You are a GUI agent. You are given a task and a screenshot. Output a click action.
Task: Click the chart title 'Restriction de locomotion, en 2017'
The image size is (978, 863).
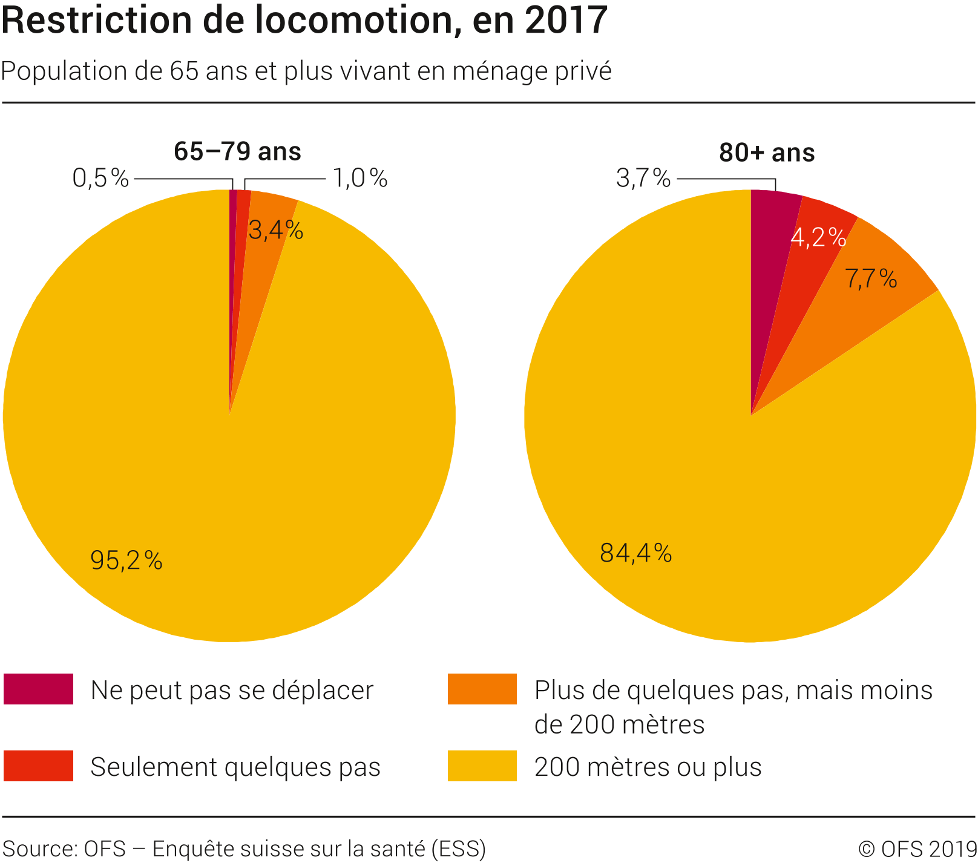click(304, 21)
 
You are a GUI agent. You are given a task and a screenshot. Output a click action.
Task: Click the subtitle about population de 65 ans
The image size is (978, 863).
click(306, 71)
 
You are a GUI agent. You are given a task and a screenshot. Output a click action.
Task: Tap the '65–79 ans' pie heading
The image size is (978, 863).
click(237, 152)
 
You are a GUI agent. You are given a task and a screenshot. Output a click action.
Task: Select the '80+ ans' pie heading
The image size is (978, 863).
click(767, 153)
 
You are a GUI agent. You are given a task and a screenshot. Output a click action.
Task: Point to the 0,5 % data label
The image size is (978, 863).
click(100, 179)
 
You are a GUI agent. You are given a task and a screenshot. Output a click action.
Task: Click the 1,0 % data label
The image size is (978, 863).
click(360, 179)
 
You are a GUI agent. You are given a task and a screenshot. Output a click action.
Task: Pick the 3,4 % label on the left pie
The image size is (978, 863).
click(276, 231)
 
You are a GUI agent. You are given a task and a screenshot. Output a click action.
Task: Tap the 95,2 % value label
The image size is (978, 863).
click(126, 560)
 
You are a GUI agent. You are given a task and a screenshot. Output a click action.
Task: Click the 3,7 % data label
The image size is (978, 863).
click(643, 179)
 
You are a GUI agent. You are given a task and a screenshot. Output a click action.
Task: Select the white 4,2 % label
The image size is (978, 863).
click(818, 238)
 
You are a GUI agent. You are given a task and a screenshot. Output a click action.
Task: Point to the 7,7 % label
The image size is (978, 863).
click(871, 279)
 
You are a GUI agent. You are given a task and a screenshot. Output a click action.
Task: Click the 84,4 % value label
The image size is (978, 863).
click(636, 553)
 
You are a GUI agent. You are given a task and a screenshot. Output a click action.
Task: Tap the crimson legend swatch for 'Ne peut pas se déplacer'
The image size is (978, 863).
click(38, 689)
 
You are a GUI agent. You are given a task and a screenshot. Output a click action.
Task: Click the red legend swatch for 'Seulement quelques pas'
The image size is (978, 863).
click(38, 766)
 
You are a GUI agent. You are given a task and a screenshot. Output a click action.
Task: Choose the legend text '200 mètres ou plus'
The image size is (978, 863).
click(648, 767)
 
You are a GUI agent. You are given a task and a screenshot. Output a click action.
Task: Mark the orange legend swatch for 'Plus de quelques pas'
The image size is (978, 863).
click(482, 689)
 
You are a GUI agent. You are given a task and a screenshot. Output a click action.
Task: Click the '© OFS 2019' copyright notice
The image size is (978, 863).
click(917, 849)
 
